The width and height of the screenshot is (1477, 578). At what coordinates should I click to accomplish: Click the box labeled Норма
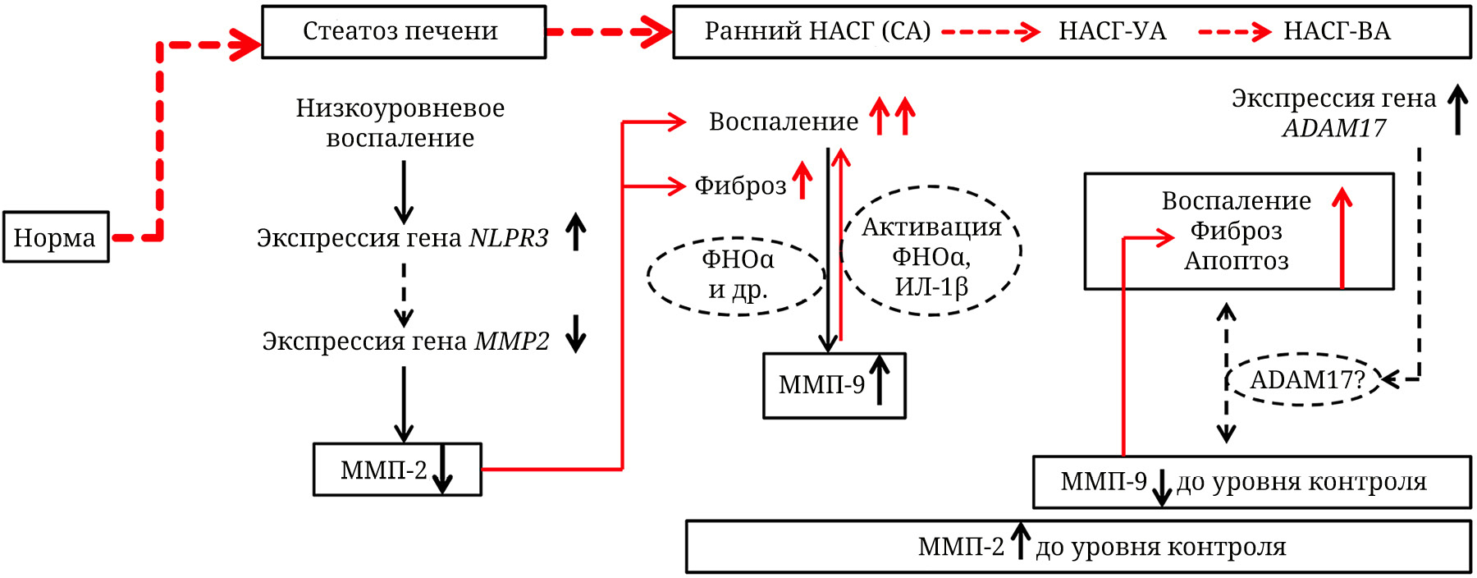(x=56, y=237)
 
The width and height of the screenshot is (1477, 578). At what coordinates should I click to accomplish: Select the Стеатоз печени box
(x=403, y=32)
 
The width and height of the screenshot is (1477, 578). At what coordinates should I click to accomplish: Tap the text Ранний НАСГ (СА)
(x=817, y=31)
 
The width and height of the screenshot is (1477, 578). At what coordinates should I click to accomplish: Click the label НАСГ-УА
(x=1112, y=31)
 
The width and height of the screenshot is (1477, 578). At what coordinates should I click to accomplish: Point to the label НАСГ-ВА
(x=1337, y=31)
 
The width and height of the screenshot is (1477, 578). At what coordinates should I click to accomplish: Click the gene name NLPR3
(x=509, y=237)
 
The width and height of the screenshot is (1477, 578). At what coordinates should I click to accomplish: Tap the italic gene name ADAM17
(x=1334, y=128)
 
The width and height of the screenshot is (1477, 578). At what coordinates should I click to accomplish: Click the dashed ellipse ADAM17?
(x=1305, y=379)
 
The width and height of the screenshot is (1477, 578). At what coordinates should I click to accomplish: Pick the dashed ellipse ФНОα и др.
(x=737, y=275)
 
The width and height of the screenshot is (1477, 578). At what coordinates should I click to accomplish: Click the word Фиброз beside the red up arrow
(x=740, y=186)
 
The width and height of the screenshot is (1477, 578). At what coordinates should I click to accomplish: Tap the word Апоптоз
(x=1236, y=261)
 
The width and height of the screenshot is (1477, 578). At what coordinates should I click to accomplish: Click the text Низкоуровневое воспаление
(x=400, y=123)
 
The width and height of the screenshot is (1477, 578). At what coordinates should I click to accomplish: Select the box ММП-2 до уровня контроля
(x=1077, y=547)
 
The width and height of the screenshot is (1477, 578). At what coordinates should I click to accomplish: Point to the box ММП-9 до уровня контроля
(x=1251, y=482)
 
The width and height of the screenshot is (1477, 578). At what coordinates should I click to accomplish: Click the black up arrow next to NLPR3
(x=576, y=232)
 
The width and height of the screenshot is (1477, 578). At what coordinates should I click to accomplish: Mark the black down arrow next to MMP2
(x=576, y=334)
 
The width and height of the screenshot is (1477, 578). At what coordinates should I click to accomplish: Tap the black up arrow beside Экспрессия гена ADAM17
(x=1457, y=110)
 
